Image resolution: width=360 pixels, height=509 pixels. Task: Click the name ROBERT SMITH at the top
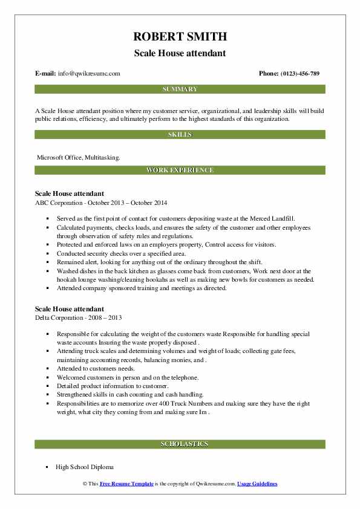coord(180,37)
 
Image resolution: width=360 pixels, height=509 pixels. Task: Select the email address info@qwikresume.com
coord(89,74)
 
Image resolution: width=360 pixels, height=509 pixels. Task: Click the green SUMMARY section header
coord(180,89)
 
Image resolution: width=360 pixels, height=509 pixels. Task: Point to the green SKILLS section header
coord(180,135)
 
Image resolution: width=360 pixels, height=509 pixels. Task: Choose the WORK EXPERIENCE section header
coord(180,170)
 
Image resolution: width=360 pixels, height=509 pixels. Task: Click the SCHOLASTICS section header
coord(180,444)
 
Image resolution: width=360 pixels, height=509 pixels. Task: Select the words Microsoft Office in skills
coord(59,157)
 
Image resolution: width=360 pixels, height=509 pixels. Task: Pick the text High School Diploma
coord(84,467)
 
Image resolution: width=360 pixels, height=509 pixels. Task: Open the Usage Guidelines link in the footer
coord(257,484)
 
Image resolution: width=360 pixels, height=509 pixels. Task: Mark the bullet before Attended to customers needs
coord(47,368)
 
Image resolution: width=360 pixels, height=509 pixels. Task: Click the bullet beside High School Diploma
coord(47,467)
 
